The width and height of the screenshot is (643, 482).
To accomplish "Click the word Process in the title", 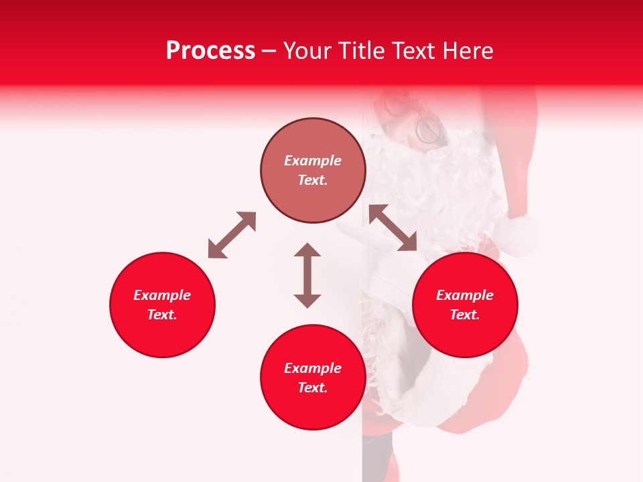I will pyautogui.click(x=210, y=51).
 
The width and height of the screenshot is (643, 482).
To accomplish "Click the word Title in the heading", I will pyautogui.click(x=358, y=51).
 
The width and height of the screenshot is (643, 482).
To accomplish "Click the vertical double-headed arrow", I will pyautogui.click(x=307, y=275).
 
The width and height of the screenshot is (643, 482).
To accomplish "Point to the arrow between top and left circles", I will pyautogui.click(x=232, y=235).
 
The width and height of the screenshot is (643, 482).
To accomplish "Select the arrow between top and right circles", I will pyautogui.click(x=392, y=228).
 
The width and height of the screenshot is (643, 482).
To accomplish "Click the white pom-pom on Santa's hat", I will pyautogui.click(x=516, y=234).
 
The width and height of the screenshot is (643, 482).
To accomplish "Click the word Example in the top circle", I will pyautogui.click(x=313, y=161).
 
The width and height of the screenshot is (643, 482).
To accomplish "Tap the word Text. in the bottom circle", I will pyautogui.click(x=313, y=388).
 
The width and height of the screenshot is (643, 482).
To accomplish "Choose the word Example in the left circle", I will pyautogui.click(x=162, y=295).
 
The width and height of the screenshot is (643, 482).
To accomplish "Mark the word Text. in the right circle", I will pyautogui.click(x=465, y=315).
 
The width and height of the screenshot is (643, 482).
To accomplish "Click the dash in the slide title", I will pyautogui.click(x=269, y=51).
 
